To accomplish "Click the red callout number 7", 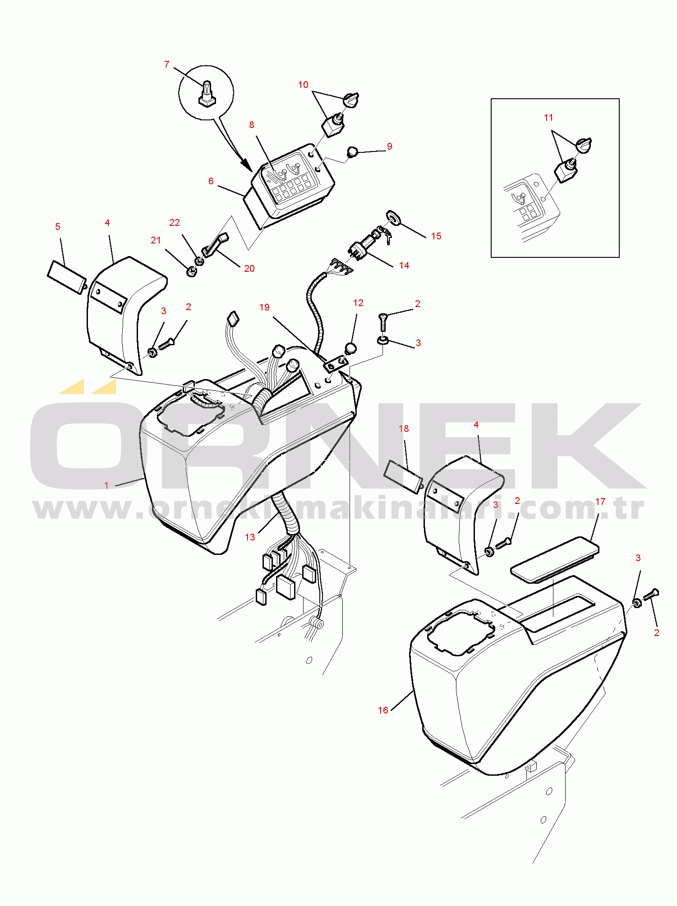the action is pos(167,64).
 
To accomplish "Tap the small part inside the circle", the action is pos(207,93).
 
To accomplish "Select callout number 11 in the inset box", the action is pos(548,118).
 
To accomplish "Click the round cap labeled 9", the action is pos(352,151).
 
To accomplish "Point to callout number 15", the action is pos(436,236).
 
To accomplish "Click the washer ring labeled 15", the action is pos(393,217).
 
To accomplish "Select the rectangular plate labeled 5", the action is pos(67,277).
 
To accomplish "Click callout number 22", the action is pos(175,223).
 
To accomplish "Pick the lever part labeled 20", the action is pos(216,245).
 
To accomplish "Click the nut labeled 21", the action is pos(191,271).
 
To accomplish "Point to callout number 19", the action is pos(264,307).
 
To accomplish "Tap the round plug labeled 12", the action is pos(350,348).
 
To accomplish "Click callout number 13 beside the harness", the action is pos(250,537).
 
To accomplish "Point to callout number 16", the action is pos(383,710).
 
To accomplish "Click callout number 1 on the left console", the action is pos(106,485).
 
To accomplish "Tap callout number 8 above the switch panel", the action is pos(252,125).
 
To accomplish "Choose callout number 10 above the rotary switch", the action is pos(303,85).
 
